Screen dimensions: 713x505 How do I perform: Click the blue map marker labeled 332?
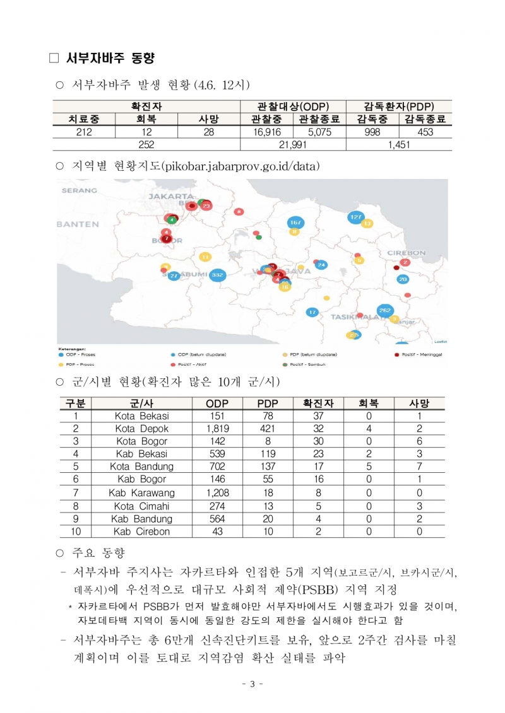coord(218,275)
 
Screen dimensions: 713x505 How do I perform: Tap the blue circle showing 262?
coord(385,310)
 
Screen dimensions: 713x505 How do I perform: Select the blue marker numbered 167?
coord(295,223)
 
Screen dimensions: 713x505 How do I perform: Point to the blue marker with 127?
coord(356,217)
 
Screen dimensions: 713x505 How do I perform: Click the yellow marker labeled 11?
coord(205,257)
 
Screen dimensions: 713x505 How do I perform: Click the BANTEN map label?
coord(77,224)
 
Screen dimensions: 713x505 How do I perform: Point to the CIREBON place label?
coord(406,253)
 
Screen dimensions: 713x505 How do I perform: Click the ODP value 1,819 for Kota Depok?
coord(217,429)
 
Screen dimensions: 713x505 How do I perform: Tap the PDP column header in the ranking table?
coord(268,403)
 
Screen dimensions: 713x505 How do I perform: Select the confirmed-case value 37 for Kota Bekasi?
coord(319,416)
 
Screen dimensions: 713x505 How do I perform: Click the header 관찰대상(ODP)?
coord(293,107)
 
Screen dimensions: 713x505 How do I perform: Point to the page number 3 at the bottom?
coord(252,685)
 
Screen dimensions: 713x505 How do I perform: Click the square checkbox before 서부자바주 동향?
coord(54,59)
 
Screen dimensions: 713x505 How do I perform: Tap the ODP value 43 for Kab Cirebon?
coord(217,531)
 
